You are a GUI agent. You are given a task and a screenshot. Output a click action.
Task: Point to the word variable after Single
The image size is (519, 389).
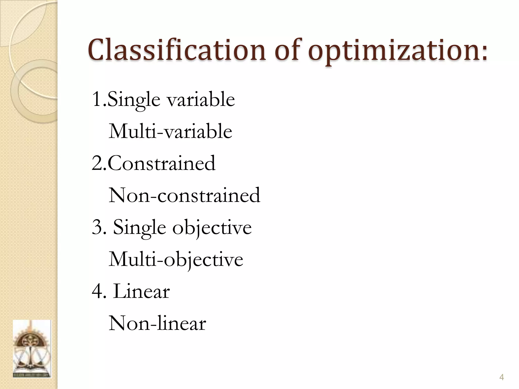click(x=201, y=99)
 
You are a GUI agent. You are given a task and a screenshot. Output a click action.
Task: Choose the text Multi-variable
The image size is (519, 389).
click(x=170, y=131)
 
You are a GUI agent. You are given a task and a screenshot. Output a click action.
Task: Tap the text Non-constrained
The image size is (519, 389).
click(x=184, y=195)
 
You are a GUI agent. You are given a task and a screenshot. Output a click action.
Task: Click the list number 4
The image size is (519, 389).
click(x=98, y=291)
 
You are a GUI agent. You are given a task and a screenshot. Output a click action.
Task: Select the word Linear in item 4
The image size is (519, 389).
click(x=141, y=291)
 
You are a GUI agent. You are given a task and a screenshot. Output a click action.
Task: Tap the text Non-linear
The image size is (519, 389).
click(x=157, y=323)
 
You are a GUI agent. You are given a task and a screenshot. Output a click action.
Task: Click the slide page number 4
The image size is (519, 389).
click(x=501, y=378)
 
